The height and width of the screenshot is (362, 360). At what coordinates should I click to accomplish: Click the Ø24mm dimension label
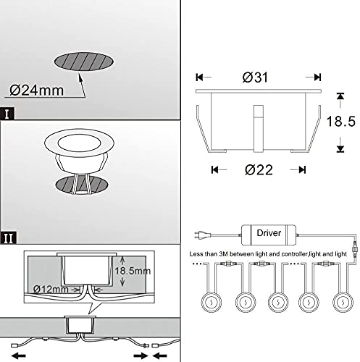[36, 90]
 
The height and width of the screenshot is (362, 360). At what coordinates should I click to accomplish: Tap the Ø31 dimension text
[255, 77]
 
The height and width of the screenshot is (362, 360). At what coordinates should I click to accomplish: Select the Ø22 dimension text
[259, 170]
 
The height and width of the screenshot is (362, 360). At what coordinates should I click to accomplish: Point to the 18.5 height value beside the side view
[340, 121]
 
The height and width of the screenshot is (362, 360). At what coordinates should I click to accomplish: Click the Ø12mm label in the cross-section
[51, 289]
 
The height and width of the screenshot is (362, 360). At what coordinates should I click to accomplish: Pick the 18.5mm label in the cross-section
[133, 271]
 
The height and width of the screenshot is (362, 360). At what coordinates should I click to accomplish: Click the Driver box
[269, 235]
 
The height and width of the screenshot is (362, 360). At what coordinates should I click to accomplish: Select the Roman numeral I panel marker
[7, 114]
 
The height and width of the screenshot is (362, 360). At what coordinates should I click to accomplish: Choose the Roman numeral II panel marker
[8, 238]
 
